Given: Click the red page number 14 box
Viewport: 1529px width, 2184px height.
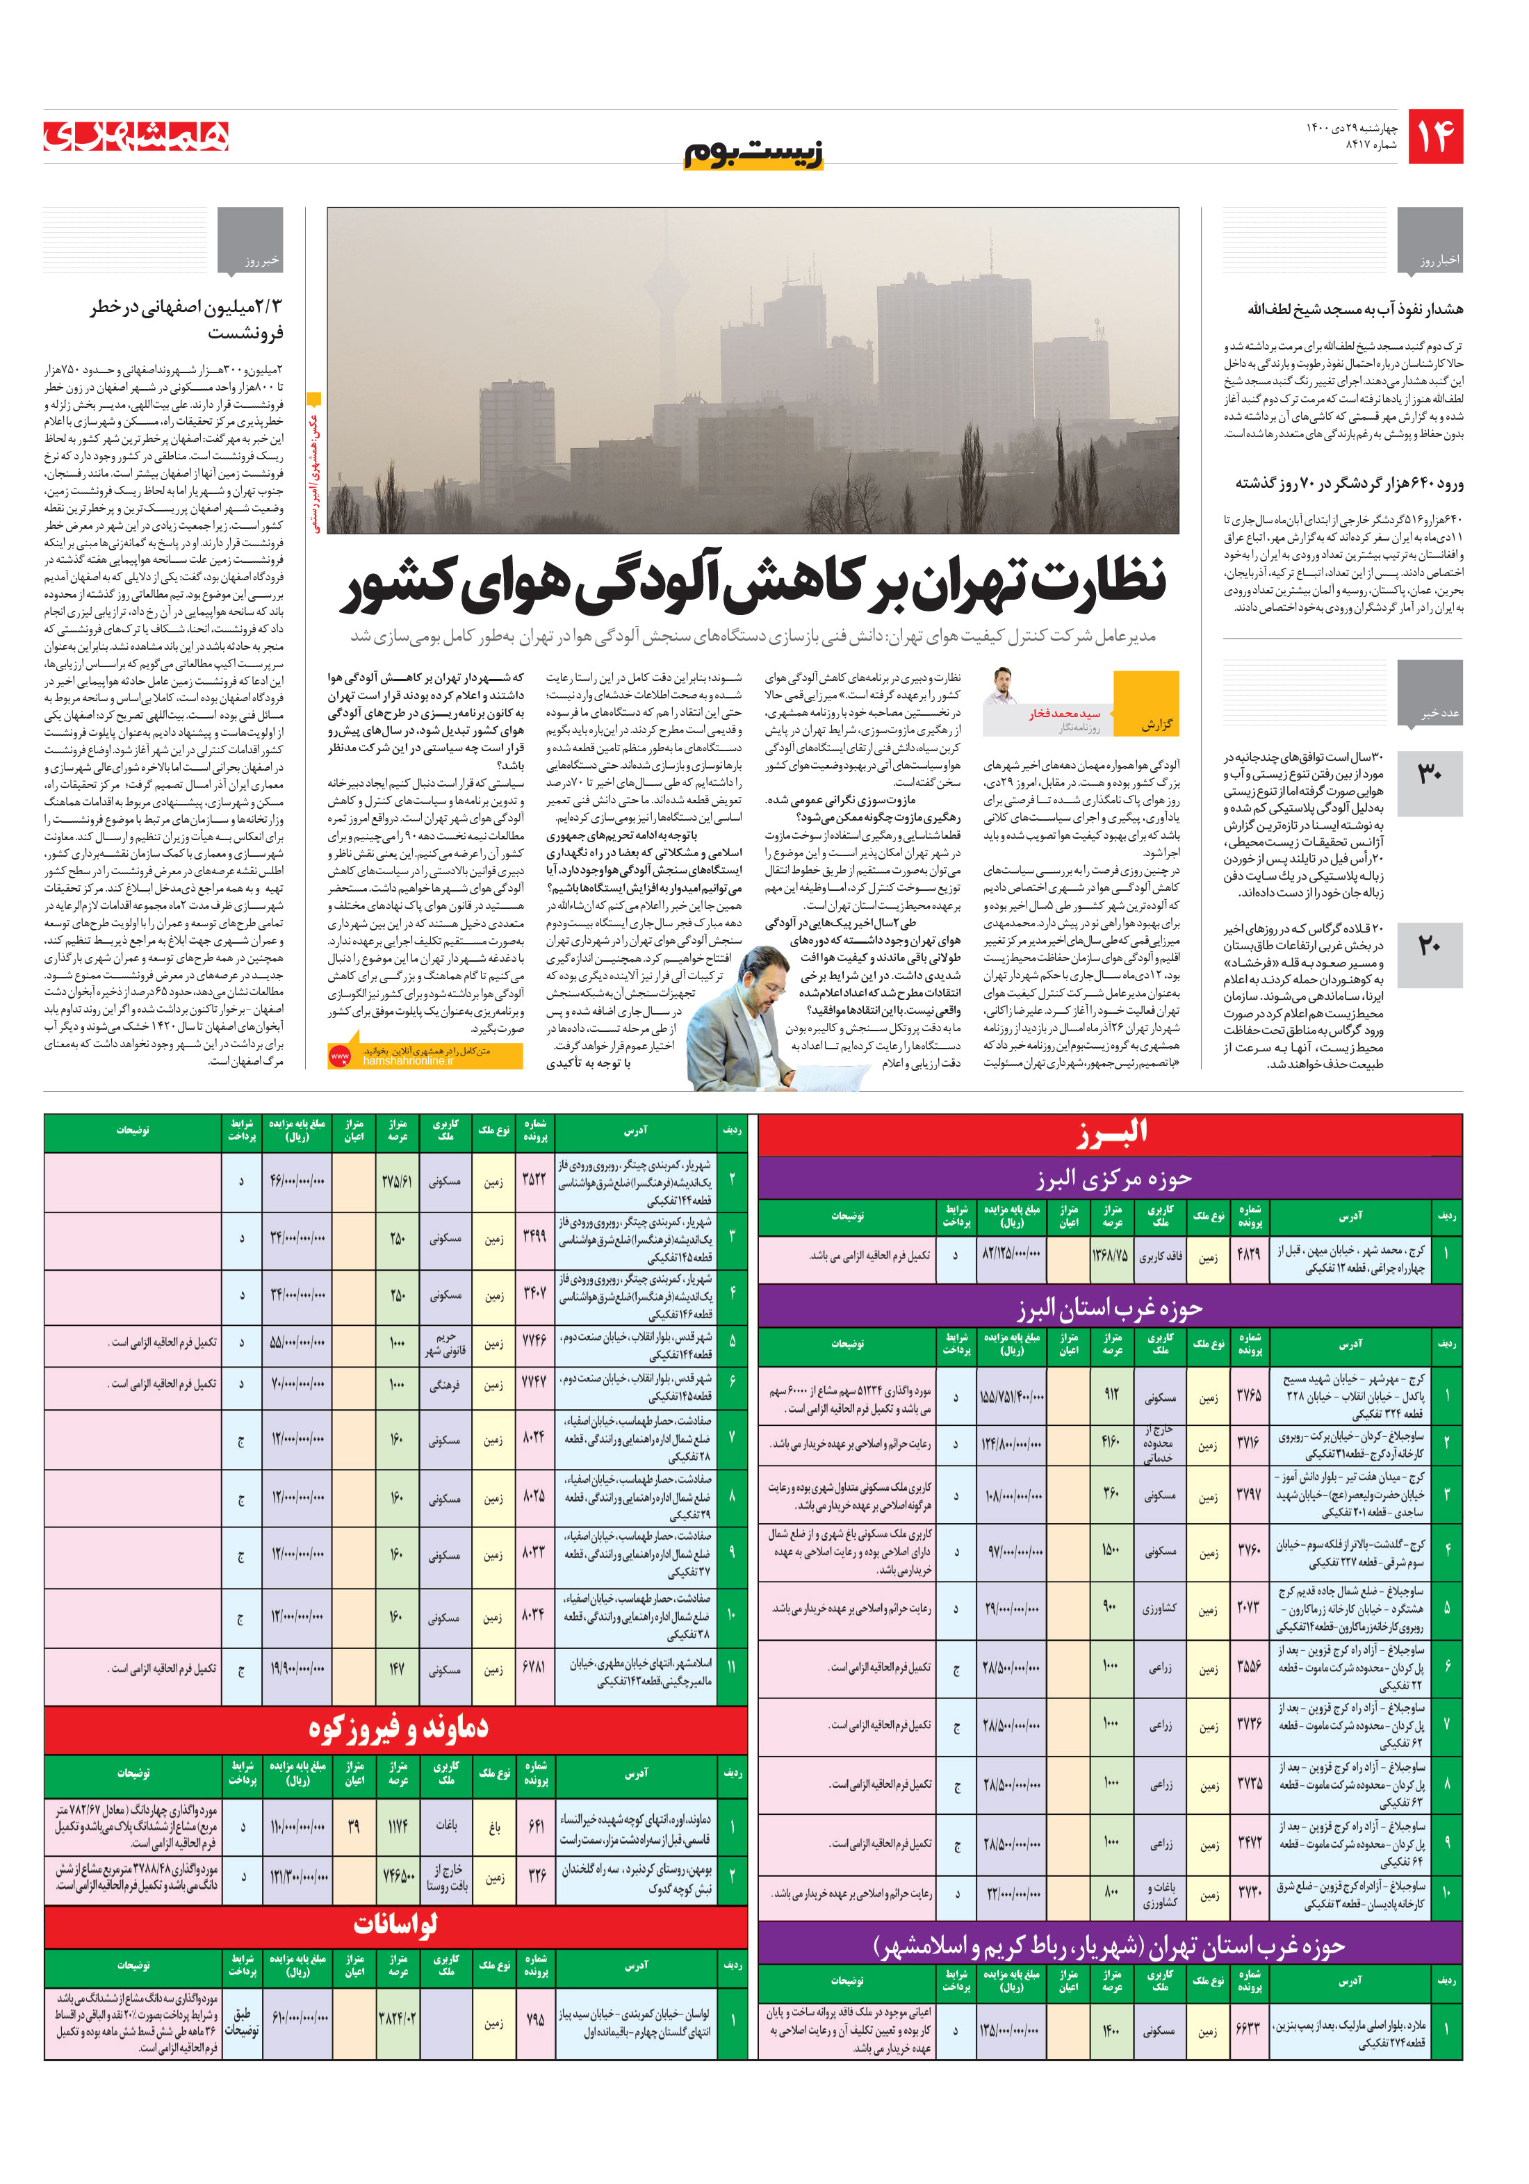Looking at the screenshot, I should (x=1434, y=137).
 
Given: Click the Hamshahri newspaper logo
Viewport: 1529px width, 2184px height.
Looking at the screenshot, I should (x=136, y=136).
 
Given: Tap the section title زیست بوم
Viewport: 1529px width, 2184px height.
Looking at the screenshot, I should (x=753, y=152).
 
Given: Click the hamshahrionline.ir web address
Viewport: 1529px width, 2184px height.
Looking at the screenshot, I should (x=409, y=1060).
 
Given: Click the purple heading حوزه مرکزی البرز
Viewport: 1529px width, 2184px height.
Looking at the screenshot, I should (x=1109, y=1179).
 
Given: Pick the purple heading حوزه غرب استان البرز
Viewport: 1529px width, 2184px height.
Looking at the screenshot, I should (x=1109, y=1309).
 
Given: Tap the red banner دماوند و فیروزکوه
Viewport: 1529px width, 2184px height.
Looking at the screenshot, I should (x=396, y=1727).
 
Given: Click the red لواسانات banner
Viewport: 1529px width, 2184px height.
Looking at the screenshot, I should (x=396, y=1923).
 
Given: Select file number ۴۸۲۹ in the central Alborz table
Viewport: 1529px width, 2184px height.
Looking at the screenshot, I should (x=1248, y=1255).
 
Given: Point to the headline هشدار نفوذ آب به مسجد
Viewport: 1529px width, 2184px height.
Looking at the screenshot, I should (x=1355, y=309).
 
